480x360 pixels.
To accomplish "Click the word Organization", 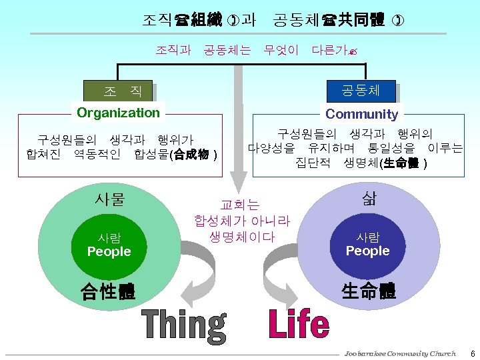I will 119,113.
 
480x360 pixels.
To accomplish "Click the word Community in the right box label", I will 362,114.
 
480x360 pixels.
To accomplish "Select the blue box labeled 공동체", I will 361,90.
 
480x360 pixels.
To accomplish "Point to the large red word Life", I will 299,325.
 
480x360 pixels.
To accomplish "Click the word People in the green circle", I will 109,252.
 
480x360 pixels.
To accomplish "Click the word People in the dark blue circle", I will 367,251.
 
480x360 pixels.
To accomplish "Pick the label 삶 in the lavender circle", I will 368,198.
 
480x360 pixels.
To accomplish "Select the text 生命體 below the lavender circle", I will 369,291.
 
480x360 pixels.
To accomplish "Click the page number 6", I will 473,353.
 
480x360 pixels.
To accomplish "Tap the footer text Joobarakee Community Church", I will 400,353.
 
